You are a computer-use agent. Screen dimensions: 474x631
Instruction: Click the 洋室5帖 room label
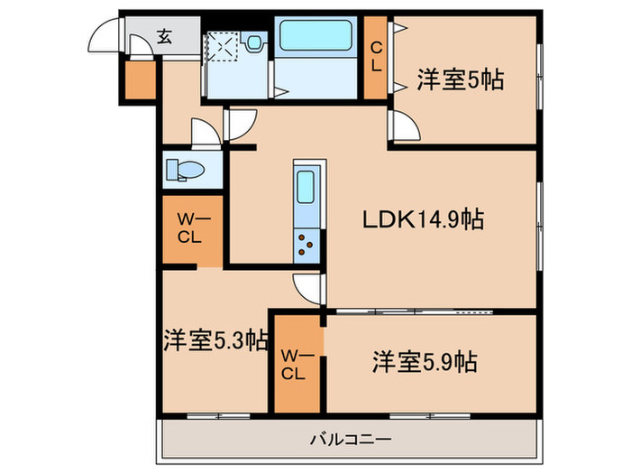tap(460, 79)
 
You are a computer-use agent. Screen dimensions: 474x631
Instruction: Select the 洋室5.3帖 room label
tap(215, 341)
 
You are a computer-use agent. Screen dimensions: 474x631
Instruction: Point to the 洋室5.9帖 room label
tap(424, 363)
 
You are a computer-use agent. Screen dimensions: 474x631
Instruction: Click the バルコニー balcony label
tap(351, 440)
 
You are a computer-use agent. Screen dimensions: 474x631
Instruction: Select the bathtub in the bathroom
tap(315, 37)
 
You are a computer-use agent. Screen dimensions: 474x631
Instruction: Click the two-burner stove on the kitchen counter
tap(306, 242)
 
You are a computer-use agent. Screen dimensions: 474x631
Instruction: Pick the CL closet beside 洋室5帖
tap(376, 58)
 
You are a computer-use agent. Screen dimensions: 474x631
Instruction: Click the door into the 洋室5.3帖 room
tap(308, 290)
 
